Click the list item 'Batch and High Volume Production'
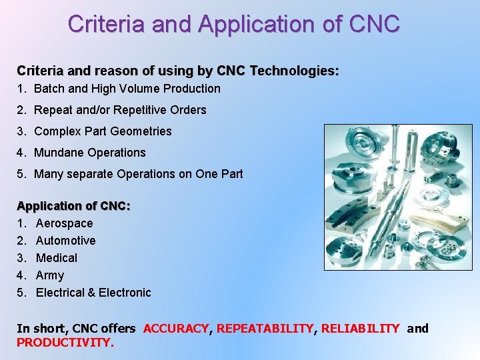[x=127, y=89]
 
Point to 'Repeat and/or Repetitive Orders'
[x=120, y=110]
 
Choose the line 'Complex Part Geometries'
[x=103, y=131]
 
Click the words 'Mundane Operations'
[x=89, y=153]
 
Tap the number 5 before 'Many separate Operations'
[x=21, y=174]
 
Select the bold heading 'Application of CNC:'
[x=73, y=206]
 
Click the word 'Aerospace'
[x=64, y=223]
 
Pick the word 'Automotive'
[x=65, y=241]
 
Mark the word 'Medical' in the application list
[x=56, y=258]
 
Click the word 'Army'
[x=50, y=275]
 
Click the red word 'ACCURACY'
[x=176, y=329]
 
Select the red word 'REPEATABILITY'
[x=265, y=329]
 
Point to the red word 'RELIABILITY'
[x=360, y=329]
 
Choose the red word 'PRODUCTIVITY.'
[x=65, y=343]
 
